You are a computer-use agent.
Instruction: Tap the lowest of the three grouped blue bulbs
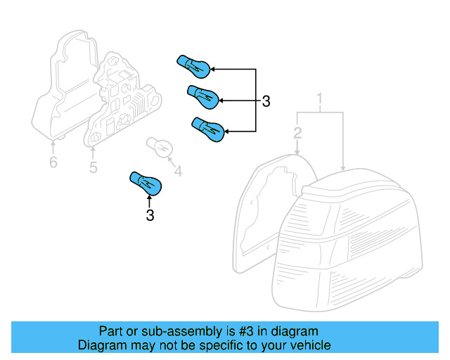pos(209,129)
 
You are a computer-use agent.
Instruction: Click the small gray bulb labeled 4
pos(160,146)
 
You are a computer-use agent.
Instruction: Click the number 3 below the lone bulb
pos(150,216)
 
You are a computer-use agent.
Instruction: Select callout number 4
pos(178,171)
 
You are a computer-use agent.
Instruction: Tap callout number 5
pos(93,167)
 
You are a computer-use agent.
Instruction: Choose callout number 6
pos(53,163)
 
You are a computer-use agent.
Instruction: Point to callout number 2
pos(298,133)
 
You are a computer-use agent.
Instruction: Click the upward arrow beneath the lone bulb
pos(149,202)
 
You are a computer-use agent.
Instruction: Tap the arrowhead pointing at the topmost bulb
pos(212,70)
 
